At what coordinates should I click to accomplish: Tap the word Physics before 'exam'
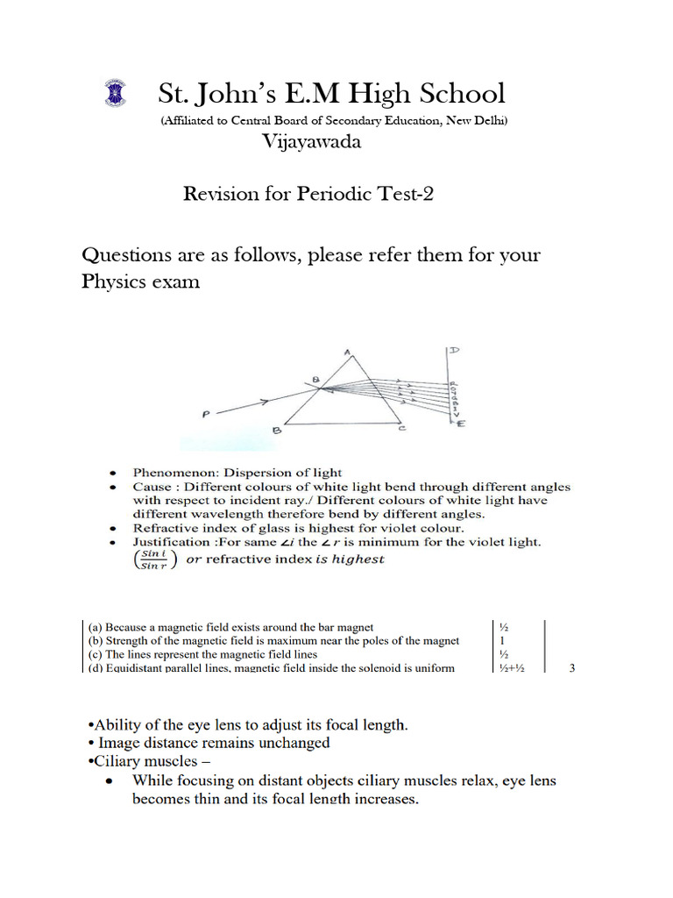[116, 282]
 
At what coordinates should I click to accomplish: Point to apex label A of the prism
[347, 353]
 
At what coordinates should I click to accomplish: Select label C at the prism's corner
[402, 429]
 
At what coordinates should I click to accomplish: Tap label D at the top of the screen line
[455, 351]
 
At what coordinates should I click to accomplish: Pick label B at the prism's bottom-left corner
[276, 430]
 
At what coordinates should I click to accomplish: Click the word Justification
[171, 542]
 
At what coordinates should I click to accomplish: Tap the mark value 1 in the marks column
[502, 641]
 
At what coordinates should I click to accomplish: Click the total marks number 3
[572, 668]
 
